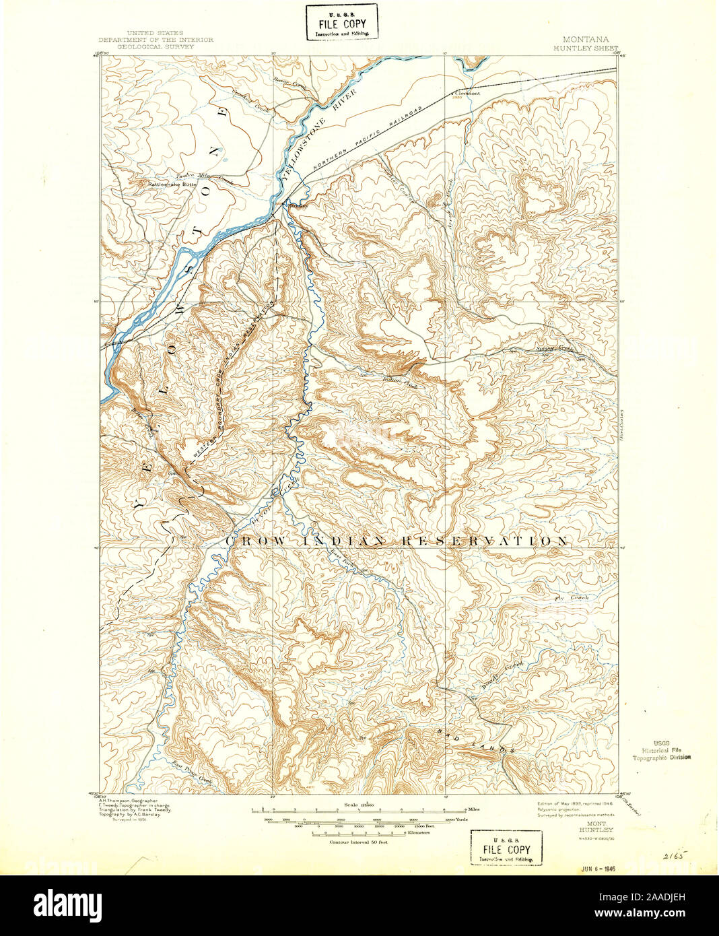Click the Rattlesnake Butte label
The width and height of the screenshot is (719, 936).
(x=165, y=182)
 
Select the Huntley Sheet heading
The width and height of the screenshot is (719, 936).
(x=586, y=48)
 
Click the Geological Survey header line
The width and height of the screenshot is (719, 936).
(x=156, y=48)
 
